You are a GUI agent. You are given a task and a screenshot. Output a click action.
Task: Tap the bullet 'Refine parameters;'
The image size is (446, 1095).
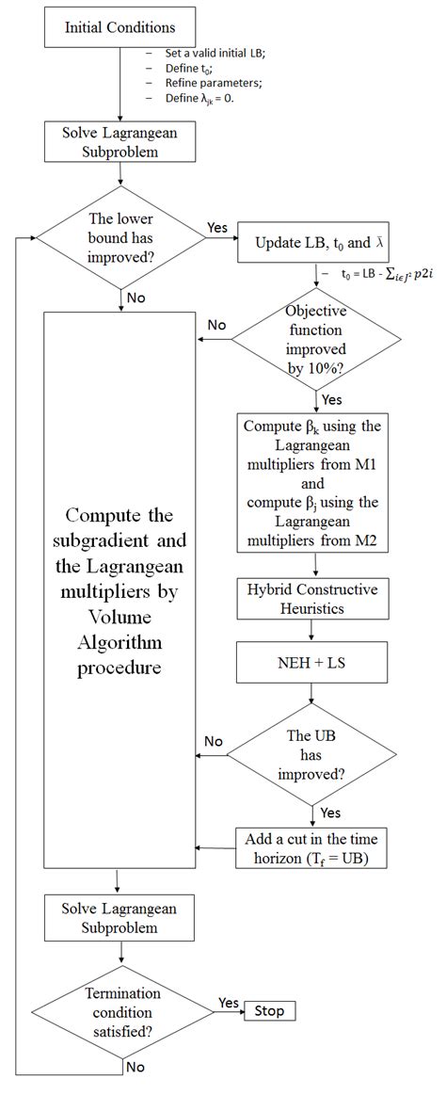pyautogui.click(x=203, y=83)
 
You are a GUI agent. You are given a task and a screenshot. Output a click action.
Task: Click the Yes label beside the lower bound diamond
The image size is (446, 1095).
pyautogui.click(x=216, y=229)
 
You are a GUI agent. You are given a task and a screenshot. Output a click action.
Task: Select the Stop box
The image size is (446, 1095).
pyautogui.click(x=269, y=1011)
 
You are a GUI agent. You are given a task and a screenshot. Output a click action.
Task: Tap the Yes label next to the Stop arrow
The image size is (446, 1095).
pyautogui.click(x=229, y=1002)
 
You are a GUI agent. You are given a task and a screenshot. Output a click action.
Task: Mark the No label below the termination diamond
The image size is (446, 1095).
pyautogui.click(x=135, y=1067)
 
